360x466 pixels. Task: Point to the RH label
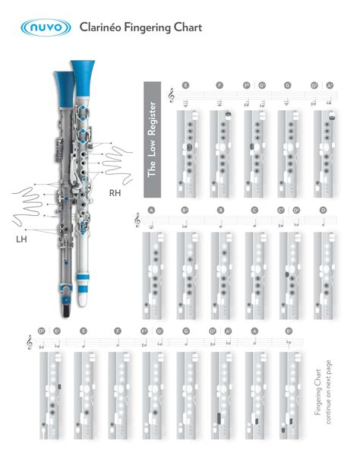click(x=116, y=193)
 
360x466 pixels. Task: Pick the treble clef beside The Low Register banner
click(x=172, y=95)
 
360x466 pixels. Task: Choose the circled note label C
click(x=254, y=210)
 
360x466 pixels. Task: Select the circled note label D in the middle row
click(x=323, y=210)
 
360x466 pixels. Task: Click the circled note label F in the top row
click(x=219, y=86)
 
